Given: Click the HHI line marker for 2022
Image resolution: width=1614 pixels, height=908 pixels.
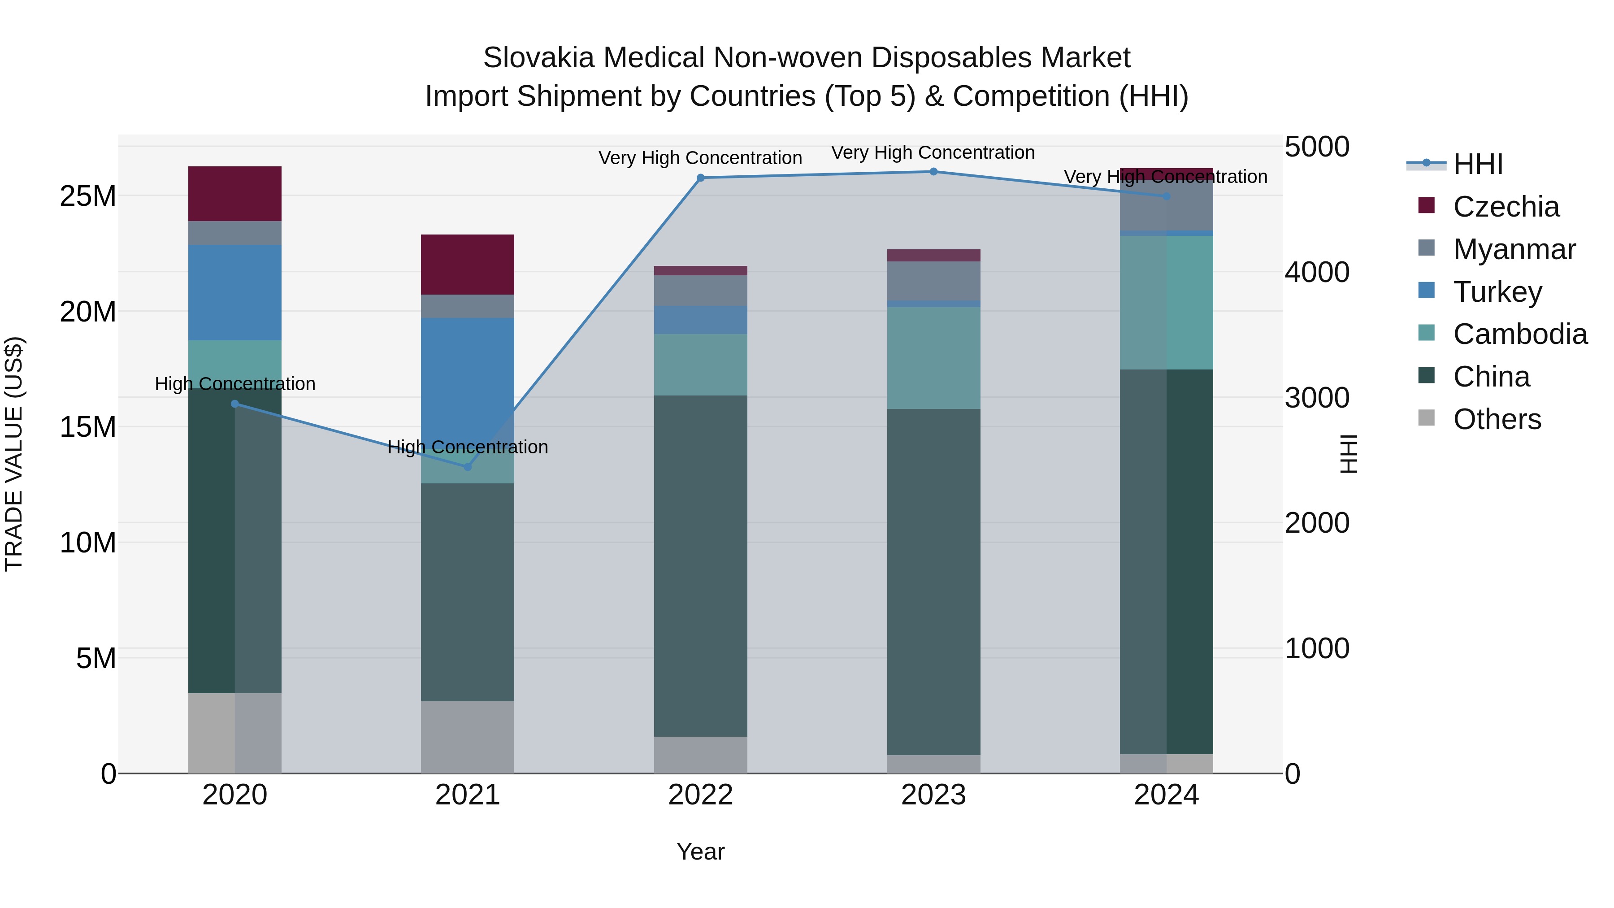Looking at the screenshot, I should point(700,178).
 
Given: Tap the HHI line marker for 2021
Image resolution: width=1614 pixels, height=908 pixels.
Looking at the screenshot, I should point(468,467).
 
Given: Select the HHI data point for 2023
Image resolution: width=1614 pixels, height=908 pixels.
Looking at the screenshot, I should point(933,172).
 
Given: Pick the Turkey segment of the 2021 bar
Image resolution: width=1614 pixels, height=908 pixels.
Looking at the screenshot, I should point(468,376).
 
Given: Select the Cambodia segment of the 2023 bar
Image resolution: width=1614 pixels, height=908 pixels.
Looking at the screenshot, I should point(933,358).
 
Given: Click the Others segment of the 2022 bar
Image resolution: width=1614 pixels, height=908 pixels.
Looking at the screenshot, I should point(700,755).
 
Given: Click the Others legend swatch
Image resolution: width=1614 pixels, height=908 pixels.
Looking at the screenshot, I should point(1427,418).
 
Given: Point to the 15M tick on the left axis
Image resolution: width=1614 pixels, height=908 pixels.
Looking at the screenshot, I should point(88,427).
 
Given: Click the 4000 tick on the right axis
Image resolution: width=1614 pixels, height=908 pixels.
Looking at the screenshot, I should point(1316,273).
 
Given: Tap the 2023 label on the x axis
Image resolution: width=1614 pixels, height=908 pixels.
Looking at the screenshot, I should point(933,795).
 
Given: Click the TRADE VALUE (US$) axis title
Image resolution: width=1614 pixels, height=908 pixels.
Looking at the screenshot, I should point(14,454).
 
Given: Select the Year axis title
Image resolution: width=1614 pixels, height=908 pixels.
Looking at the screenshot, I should point(700,852).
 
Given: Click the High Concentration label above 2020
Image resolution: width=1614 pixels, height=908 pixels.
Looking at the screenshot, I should point(235,383).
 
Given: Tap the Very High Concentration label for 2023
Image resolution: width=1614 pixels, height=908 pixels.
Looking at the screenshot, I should point(933,153).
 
